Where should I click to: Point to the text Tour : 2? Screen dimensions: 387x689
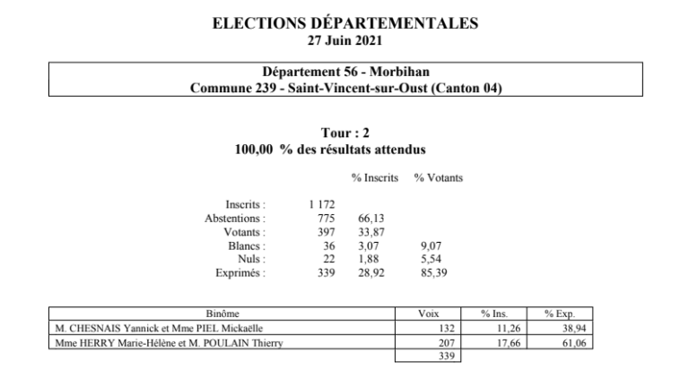(x=344, y=133)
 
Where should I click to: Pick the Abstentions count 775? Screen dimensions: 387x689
(x=325, y=219)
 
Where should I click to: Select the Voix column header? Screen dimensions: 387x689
(x=428, y=315)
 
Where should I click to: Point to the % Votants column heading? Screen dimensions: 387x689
(x=438, y=179)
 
